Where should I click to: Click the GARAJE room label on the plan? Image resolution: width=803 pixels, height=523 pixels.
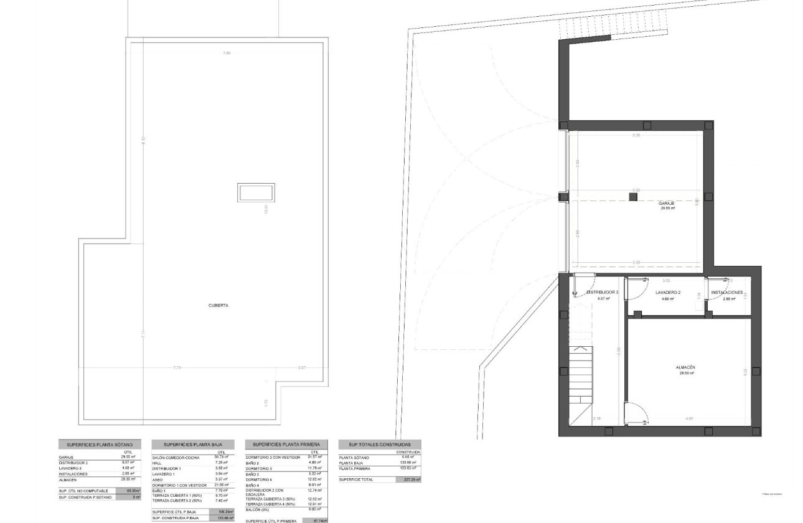coord(667,204)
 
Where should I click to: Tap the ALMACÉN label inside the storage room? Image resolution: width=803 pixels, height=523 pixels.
coord(685,368)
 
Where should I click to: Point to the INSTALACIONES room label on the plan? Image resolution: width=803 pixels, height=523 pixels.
coord(727,292)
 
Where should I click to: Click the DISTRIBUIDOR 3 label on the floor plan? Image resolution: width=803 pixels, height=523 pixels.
coord(603,292)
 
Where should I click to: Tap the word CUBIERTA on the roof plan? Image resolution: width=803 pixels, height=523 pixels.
coord(218,306)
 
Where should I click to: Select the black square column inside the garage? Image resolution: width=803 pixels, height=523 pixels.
coord(633,197)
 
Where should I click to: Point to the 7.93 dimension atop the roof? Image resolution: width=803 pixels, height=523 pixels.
coord(227,54)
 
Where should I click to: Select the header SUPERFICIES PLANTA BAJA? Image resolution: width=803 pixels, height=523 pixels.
coord(193,445)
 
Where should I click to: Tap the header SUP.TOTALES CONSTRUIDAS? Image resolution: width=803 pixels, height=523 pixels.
coord(379,445)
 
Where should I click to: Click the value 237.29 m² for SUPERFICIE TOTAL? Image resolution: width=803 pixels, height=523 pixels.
coord(408,479)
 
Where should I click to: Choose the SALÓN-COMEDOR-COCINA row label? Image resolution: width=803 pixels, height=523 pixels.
coord(176,458)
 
